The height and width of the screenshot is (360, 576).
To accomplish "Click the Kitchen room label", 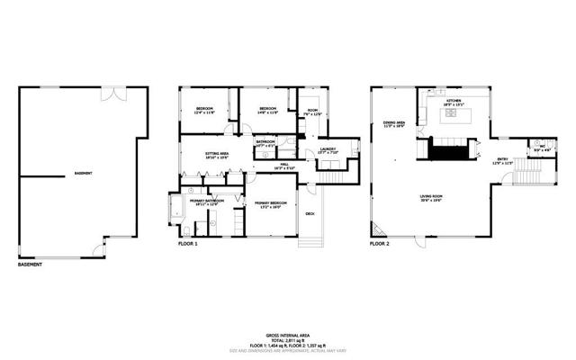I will [453, 102].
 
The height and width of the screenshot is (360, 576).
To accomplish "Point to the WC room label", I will [541, 147].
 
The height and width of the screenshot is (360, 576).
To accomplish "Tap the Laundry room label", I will [328, 150].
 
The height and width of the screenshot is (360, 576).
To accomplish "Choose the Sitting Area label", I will [217, 155].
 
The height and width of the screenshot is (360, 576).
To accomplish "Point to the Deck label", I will [310, 213].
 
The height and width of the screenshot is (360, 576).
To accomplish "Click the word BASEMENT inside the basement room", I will [83, 173].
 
